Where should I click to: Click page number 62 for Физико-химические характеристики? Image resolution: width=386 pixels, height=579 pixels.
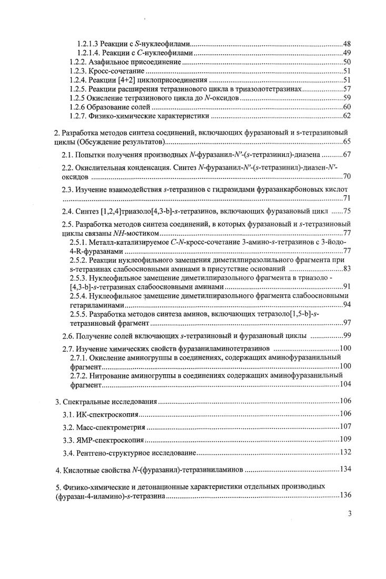347,116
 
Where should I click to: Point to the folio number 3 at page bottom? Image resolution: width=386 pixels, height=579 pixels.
349,515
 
